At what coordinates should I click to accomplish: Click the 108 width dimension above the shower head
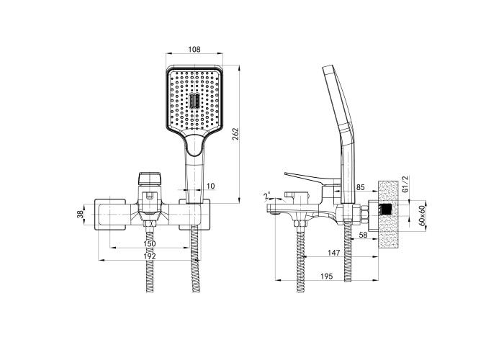[194, 50]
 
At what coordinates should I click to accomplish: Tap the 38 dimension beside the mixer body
[80, 214]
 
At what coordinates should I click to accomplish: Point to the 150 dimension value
[150, 243]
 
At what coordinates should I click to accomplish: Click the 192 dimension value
[150, 256]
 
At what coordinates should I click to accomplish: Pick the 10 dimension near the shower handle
[210, 186]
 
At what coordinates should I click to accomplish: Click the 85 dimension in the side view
[360, 186]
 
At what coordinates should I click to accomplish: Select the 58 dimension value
[363, 235]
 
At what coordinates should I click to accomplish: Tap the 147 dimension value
[333, 253]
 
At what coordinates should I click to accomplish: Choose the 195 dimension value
[327, 276]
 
